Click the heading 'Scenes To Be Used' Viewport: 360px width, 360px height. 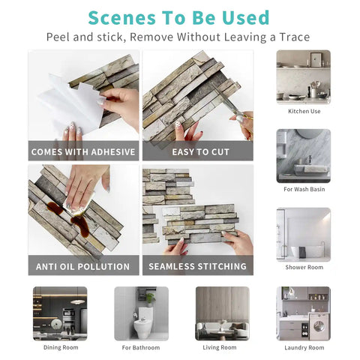[178, 16]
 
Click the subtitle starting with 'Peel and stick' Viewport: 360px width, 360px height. [178, 37]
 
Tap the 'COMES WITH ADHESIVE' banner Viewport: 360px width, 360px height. [83, 151]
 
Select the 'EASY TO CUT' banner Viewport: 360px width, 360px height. [198, 151]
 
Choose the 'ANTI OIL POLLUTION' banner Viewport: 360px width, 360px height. [83, 266]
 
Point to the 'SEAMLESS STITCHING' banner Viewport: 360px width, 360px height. [198, 266]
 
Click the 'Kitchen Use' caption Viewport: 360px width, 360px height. [304, 111]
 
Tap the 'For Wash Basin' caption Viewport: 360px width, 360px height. [304, 189]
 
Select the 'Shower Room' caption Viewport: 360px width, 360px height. [304, 267]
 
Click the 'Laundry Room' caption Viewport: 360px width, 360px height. [304, 347]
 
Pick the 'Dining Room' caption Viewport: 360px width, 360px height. [60, 347]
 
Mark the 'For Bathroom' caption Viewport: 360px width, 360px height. [141, 347]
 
